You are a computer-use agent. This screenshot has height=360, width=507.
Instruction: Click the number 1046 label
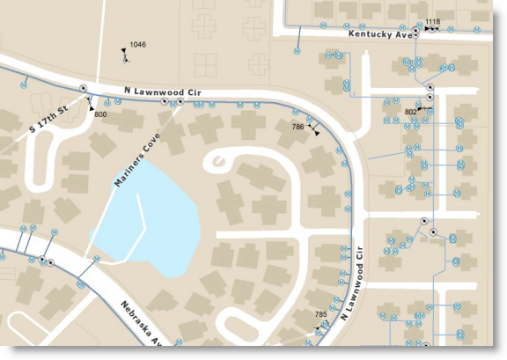[x=138, y=44]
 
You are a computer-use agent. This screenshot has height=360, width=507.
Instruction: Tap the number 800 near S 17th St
[x=100, y=115]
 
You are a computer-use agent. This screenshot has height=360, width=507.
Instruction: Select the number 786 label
[x=298, y=127]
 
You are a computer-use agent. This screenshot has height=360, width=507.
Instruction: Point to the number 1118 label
[x=432, y=21]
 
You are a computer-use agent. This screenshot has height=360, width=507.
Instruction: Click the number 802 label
[x=410, y=112]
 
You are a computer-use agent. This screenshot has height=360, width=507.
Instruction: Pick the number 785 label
[x=320, y=314]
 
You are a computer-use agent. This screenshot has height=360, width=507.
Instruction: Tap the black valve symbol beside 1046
[x=126, y=56]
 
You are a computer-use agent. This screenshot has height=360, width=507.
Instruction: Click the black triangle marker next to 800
[x=91, y=107]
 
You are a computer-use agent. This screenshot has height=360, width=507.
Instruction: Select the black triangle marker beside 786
[x=315, y=130]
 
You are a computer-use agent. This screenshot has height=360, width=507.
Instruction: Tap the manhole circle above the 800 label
[x=83, y=88]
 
